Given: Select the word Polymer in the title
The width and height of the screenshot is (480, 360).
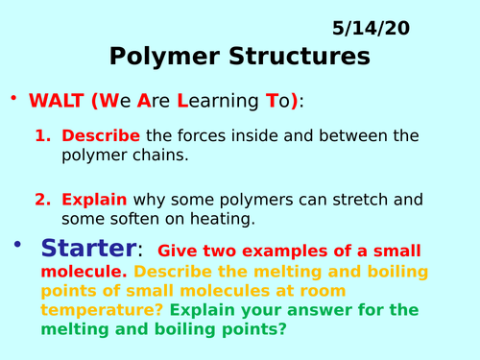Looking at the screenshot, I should [x=156, y=58].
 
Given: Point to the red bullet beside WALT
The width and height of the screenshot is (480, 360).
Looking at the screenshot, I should [x=14, y=99].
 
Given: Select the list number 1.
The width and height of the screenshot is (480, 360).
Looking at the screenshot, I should [x=42, y=136].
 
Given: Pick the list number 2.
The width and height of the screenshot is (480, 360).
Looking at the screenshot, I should [x=42, y=200].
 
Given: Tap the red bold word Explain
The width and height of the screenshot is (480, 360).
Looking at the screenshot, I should [x=94, y=200].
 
